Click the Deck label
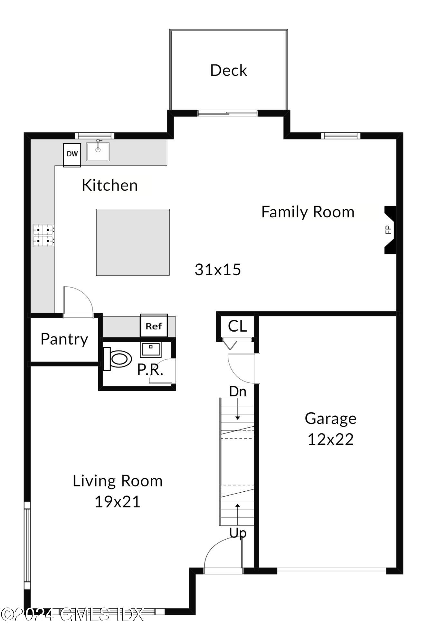[228, 70]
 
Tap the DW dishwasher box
[72, 155]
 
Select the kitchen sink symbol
[98, 151]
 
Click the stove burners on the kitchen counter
[43, 235]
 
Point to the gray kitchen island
[133, 242]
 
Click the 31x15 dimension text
[218, 270]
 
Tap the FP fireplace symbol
[389, 230]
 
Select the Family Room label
[308, 212]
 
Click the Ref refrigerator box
[154, 326]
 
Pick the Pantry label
[64, 339]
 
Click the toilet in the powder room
[118, 359]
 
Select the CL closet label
[237, 326]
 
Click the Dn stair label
[238, 392]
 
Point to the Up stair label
[238, 533]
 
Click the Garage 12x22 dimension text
[330, 439]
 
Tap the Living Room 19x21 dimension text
[118, 502]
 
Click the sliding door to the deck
[227, 113]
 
